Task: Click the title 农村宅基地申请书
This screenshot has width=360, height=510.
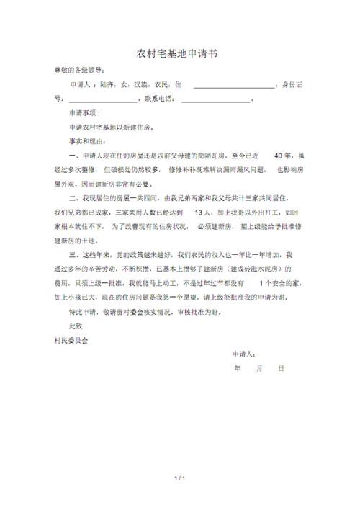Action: tap(179, 54)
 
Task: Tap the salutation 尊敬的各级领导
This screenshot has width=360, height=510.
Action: tap(79, 71)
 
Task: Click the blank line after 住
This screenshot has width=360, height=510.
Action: tap(235, 86)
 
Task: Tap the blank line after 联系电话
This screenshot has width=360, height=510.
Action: tap(215, 100)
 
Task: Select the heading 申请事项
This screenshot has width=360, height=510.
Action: tap(84, 113)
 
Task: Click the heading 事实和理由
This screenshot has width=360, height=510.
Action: tap(87, 141)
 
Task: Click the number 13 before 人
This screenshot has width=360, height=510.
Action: tap(202, 212)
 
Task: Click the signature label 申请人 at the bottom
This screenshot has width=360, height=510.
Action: tap(244, 354)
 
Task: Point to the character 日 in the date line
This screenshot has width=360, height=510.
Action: tap(281, 368)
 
